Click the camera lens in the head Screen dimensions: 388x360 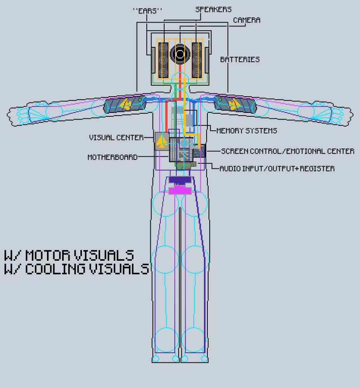179,55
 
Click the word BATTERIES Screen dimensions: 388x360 240,60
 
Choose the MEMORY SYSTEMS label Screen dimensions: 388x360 247,131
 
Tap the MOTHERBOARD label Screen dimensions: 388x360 113,157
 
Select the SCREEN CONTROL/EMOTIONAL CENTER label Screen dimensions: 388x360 287,151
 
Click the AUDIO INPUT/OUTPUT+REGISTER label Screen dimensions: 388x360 277,169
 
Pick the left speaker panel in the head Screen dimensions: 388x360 163,59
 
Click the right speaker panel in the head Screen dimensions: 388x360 197,59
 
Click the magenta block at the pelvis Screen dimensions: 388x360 180,190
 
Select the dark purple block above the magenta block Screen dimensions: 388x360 179,180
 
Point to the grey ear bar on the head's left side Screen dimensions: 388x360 153,60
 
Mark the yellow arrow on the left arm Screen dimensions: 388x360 125,104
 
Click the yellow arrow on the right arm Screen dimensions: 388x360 234,104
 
